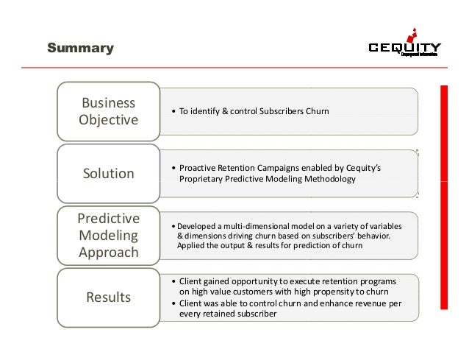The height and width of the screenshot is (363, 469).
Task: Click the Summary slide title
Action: click(x=80, y=49)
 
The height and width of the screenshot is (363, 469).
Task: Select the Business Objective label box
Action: click(x=108, y=110)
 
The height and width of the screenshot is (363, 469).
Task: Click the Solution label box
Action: click(x=108, y=174)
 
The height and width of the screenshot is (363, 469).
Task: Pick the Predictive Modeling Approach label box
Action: click(x=108, y=235)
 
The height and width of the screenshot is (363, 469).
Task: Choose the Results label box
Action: click(x=108, y=297)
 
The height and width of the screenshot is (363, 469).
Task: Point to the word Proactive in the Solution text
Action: click(x=197, y=168)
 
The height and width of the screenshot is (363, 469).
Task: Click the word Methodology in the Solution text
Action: click(x=330, y=180)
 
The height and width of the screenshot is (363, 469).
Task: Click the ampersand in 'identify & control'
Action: click(x=226, y=111)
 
